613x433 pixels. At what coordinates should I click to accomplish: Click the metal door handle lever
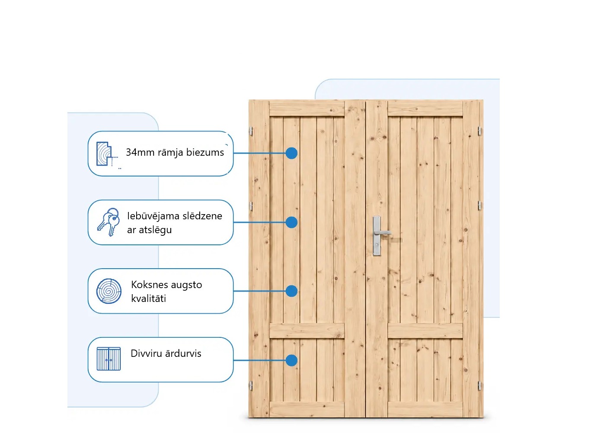(383, 233)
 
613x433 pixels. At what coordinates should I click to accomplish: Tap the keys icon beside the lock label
(109, 222)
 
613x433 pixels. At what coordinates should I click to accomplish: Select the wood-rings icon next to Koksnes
(109, 291)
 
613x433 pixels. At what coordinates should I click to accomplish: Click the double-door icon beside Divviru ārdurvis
(109, 359)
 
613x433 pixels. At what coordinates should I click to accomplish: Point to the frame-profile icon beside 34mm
(107, 154)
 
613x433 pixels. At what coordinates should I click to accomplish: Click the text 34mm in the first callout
(140, 152)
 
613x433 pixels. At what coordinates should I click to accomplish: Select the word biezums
(205, 152)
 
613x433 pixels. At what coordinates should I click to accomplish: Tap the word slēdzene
(202, 216)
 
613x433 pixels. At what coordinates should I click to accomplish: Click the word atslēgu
(155, 230)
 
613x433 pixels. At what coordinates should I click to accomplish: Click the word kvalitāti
(149, 298)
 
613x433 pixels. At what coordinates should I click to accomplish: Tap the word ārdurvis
(183, 353)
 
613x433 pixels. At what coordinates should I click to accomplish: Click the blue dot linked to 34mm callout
(291, 153)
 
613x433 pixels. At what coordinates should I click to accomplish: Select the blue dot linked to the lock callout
(291, 222)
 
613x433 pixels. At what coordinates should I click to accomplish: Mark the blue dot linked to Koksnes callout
(291, 291)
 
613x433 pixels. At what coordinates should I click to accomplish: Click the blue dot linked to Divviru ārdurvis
(291, 360)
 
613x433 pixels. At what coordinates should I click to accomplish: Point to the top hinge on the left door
(251, 131)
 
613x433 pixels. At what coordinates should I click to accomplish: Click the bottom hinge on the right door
(479, 385)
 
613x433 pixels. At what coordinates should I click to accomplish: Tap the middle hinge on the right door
(479, 205)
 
